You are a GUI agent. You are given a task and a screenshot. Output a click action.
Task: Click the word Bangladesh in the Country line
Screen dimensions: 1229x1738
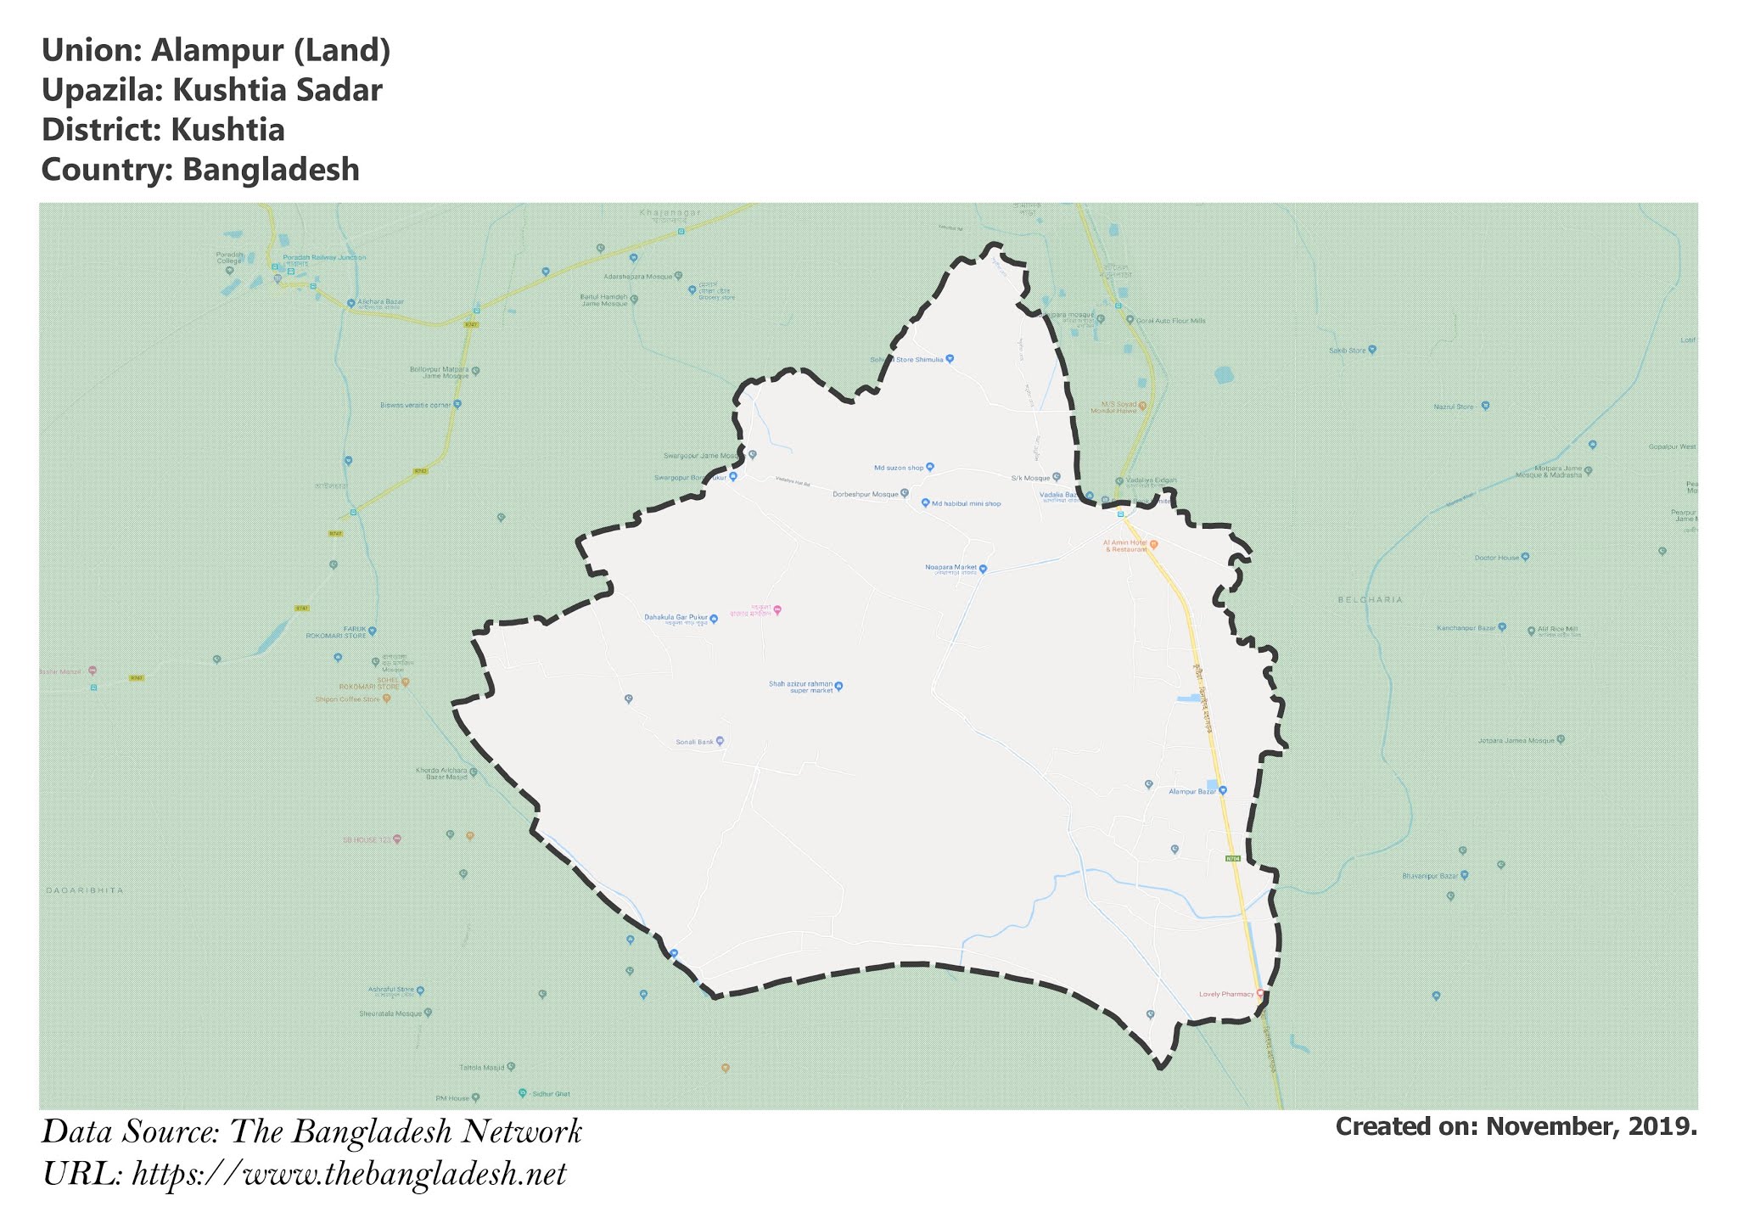tap(271, 170)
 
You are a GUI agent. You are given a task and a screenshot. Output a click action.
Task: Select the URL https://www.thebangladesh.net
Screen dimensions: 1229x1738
tap(349, 1175)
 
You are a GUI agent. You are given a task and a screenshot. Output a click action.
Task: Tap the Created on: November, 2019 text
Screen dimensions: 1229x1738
tap(1516, 1126)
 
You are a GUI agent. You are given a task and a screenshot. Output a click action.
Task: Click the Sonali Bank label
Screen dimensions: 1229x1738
tap(693, 742)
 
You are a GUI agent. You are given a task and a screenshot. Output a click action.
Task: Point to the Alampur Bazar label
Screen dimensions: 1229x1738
tap(1192, 791)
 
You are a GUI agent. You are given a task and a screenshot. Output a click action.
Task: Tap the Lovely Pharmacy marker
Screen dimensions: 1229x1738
tap(1259, 994)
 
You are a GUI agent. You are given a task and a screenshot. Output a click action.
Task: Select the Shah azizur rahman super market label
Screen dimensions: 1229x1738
tap(800, 687)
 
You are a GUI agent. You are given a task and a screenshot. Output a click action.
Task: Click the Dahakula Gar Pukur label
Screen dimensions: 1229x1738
tap(676, 617)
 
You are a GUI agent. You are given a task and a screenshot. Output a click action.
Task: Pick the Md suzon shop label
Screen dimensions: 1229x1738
tap(898, 468)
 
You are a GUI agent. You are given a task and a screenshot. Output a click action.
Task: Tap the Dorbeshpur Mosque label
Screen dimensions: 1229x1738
tap(865, 494)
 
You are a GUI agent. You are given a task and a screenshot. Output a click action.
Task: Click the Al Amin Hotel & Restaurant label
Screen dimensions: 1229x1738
tap(1124, 545)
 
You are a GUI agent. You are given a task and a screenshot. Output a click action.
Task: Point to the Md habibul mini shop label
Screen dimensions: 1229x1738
tap(966, 504)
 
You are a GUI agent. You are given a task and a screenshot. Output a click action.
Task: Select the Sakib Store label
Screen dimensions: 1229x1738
tap(1347, 350)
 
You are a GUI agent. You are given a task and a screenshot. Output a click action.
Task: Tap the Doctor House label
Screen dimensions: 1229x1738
tap(1496, 558)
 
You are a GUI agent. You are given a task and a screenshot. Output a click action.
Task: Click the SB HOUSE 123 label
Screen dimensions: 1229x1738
tap(366, 839)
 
